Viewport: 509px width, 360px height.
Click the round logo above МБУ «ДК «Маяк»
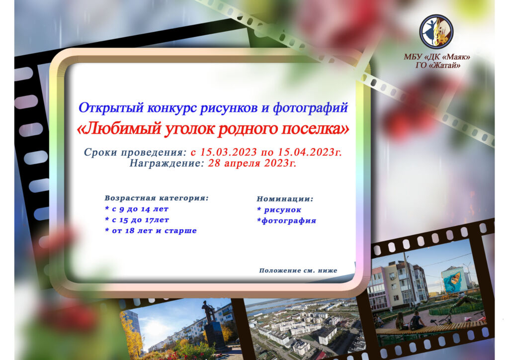(x=436, y=31)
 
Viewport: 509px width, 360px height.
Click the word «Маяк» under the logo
(x=456, y=57)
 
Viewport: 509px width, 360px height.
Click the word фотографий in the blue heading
(x=310, y=108)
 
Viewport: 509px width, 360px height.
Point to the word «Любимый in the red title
(x=119, y=129)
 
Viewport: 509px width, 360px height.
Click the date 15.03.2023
(x=228, y=152)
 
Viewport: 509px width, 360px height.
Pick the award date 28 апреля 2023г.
(x=252, y=163)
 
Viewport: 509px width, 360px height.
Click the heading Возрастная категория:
(x=157, y=198)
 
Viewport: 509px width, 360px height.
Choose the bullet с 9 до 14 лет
(x=137, y=209)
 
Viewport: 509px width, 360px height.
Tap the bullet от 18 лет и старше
(x=151, y=231)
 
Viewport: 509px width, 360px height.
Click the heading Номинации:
(x=285, y=199)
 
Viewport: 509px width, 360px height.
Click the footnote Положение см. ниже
(x=298, y=270)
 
